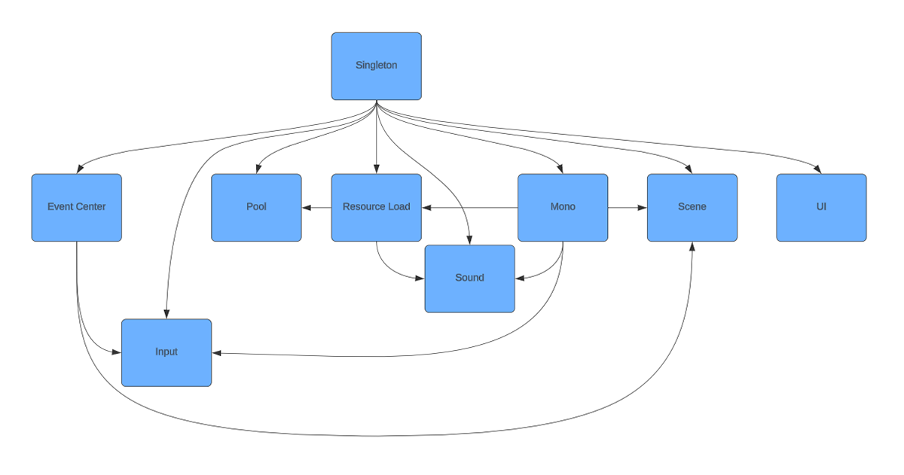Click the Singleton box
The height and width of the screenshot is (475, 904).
(x=376, y=66)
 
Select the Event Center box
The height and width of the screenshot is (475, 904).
(x=77, y=208)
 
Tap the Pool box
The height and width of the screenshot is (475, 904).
(x=256, y=208)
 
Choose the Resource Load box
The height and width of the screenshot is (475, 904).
(x=376, y=208)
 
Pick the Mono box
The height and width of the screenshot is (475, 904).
(x=563, y=208)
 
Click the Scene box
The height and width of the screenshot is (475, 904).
(x=692, y=208)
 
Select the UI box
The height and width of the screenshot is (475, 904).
(x=821, y=208)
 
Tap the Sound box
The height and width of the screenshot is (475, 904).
(x=470, y=279)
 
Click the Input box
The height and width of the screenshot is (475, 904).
(x=166, y=353)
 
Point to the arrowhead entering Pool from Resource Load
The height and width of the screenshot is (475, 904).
(x=307, y=208)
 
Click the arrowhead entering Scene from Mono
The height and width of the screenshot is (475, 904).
(x=642, y=208)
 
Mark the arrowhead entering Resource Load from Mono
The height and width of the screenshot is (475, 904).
(x=427, y=208)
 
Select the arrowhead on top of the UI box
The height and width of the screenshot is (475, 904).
(x=818, y=169)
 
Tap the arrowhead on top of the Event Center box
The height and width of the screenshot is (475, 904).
(x=80, y=169)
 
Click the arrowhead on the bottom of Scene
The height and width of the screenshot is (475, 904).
(x=692, y=246)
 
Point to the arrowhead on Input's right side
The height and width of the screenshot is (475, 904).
(x=217, y=353)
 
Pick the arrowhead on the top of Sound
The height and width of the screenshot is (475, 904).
(x=469, y=240)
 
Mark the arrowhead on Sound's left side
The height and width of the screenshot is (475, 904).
(x=420, y=279)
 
